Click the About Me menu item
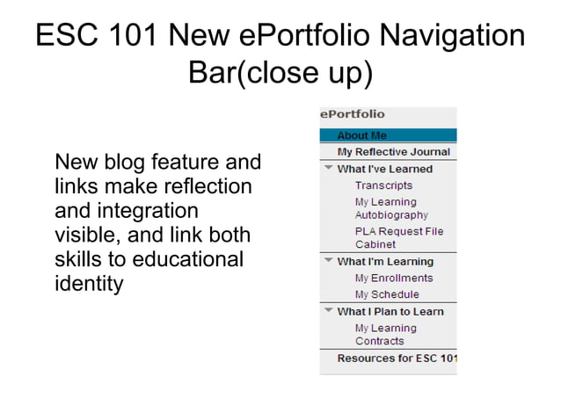(x=361, y=135)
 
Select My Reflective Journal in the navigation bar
(x=393, y=152)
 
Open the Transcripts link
(x=383, y=185)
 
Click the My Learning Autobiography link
(x=391, y=208)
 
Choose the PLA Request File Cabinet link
(x=398, y=237)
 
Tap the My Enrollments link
(x=394, y=278)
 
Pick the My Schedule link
(x=387, y=294)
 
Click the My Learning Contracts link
(x=385, y=334)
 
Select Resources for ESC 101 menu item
(x=397, y=358)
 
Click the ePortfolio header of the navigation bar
(x=353, y=114)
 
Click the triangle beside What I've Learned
(x=328, y=169)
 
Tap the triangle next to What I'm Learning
(x=328, y=261)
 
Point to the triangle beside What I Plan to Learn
(x=328, y=311)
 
